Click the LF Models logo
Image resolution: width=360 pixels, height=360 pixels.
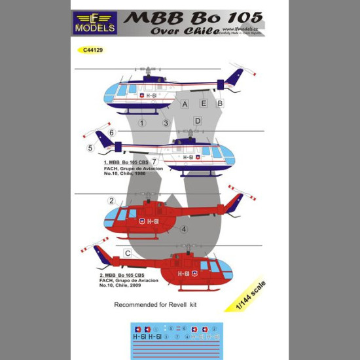(96, 22)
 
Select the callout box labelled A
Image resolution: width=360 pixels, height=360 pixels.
(185, 104)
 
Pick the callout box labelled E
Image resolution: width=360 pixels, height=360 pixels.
(204, 103)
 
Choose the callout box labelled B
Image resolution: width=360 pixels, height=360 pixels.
(220, 103)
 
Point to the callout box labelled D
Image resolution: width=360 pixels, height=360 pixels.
(197, 121)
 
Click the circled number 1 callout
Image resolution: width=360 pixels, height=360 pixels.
(141, 122)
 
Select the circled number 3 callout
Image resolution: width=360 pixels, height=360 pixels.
(166, 123)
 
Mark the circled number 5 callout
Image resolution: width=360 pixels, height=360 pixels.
(90, 148)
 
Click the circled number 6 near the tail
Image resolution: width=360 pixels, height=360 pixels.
(112, 133)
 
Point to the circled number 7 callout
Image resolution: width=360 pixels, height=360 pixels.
(153, 161)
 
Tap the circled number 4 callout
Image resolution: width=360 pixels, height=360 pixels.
(185, 229)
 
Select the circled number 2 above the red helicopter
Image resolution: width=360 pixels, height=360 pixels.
(112, 201)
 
